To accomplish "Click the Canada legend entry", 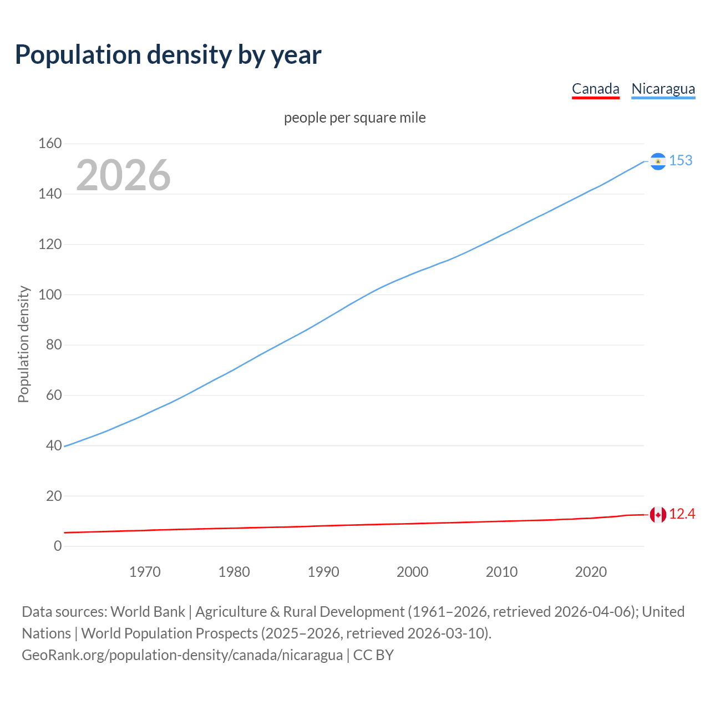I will (x=595, y=89).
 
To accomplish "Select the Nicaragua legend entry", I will (x=663, y=89).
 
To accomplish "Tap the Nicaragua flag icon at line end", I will (x=658, y=161).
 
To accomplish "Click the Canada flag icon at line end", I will (x=658, y=515).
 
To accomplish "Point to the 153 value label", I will (x=681, y=160).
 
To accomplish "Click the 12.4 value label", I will (x=682, y=514).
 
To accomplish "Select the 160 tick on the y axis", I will (x=50, y=144).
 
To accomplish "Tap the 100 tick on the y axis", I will (x=50, y=295).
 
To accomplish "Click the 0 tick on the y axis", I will (x=58, y=546).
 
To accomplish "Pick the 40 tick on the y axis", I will (x=54, y=445).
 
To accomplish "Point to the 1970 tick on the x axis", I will (x=145, y=572).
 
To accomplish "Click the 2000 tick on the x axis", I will (x=412, y=572).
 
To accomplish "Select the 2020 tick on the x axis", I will (x=591, y=572).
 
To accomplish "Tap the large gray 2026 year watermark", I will (x=123, y=175).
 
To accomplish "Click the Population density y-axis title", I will (x=23, y=344).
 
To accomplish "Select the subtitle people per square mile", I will (x=355, y=118).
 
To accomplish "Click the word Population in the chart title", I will (x=78, y=54).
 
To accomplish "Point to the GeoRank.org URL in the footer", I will (x=182, y=655).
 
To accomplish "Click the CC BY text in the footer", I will (x=373, y=655).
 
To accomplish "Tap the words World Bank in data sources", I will (x=148, y=611).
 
